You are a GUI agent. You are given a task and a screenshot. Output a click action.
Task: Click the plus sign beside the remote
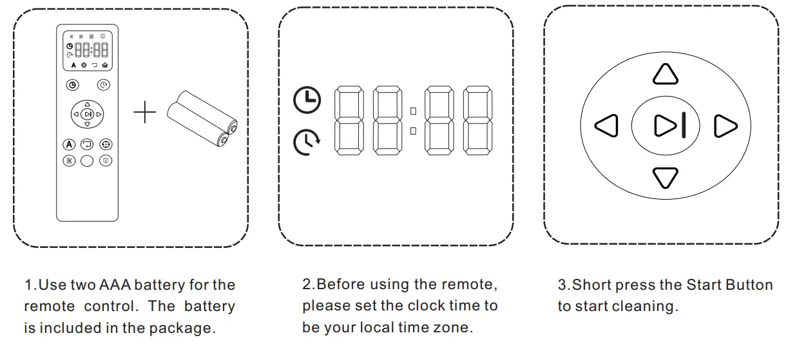(x=145, y=113)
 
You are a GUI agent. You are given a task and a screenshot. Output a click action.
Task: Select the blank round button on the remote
(x=88, y=161)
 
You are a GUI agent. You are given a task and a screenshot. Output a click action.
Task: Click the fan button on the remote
(x=69, y=161)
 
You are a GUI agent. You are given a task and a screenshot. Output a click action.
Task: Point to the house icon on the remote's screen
(x=105, y=66)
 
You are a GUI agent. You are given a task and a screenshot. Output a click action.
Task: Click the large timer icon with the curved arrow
(x=307, y=142)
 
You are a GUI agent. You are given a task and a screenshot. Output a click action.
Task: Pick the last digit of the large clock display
(x=478, y=120)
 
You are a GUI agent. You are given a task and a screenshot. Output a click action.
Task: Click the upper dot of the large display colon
(x=413, y=111)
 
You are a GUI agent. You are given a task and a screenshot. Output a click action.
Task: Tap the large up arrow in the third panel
(x=666, y=74)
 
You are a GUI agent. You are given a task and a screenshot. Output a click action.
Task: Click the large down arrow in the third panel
(x=666, y=177)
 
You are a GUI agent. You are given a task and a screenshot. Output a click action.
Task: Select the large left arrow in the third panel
(x=606, y=126)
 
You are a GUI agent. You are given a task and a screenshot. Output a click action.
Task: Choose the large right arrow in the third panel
(x=726, y=126)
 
